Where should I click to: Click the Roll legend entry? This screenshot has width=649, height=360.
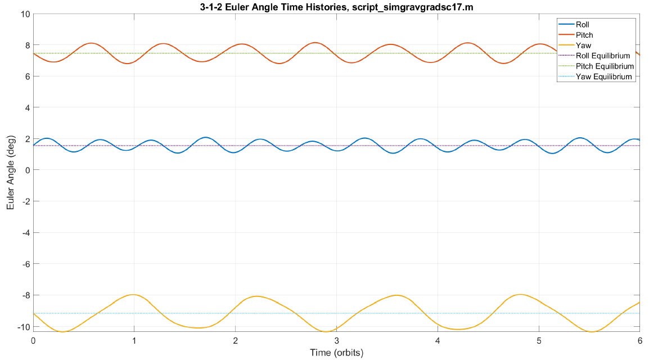pos(583,25)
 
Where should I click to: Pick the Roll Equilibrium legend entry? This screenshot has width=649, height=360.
pos(602,56)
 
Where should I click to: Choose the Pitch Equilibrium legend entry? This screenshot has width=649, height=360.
pos(603,66)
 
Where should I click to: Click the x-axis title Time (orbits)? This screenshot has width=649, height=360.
pos(336,353)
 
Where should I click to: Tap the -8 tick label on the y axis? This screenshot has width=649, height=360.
pos(22,295)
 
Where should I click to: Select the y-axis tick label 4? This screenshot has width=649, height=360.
pos(25,107)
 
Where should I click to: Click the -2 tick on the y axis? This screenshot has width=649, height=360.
pos(22,201)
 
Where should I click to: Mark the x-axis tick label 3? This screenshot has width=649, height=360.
pos(336,341)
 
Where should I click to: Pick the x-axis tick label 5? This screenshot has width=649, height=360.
pos(539,341)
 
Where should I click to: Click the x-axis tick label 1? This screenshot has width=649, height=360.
pos(134,341)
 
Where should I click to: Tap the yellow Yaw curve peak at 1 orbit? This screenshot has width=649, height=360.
pos(133,295)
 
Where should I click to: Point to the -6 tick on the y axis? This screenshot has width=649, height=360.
pos(22,264)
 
